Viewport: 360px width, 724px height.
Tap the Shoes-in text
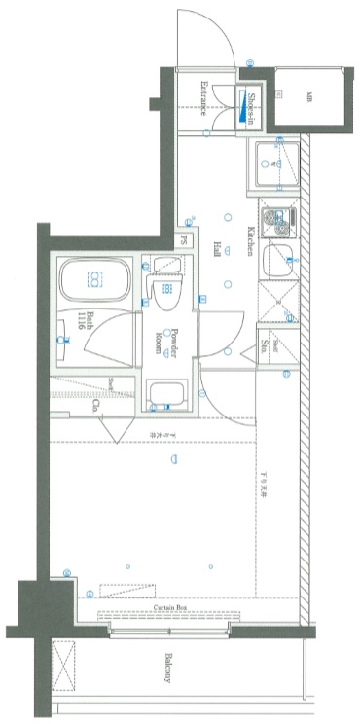(x=250, y=106)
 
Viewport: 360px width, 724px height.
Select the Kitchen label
(x=250, y=241)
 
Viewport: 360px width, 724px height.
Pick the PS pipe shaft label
(x=182, y=241)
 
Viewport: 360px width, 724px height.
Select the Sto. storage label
(x=264, y=344)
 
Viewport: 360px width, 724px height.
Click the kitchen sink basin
(x=279, y=261)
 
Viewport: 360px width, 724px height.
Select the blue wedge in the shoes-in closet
(x=240, y=109)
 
